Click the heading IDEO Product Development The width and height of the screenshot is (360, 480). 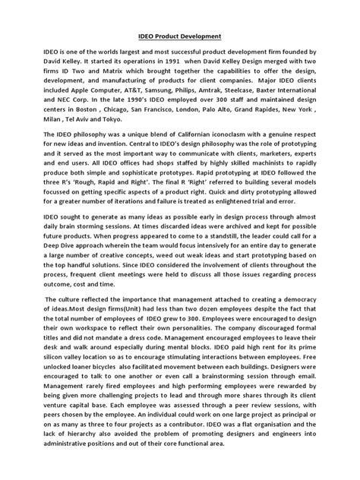click(180, 36)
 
